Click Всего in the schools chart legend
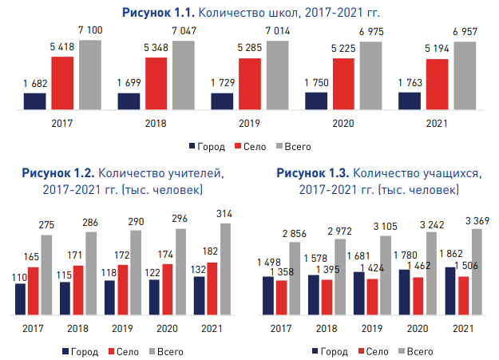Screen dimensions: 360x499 pos(297,147)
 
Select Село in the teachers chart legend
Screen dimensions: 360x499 pos(129,351)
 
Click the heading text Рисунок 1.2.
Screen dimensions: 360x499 pos(59,172)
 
